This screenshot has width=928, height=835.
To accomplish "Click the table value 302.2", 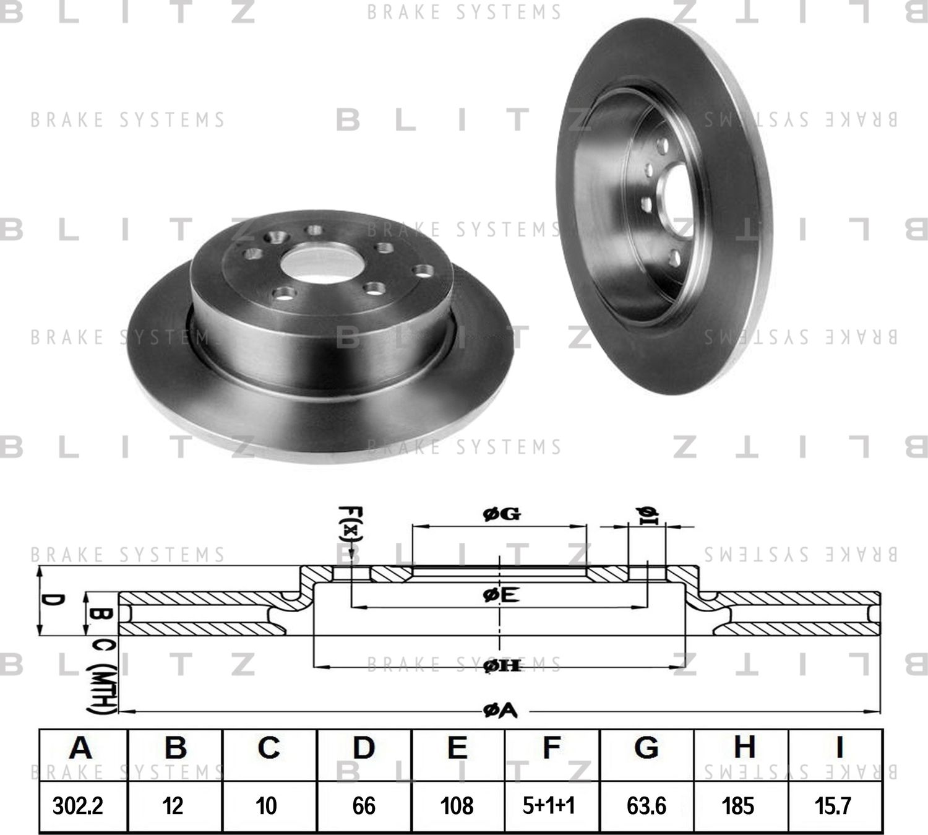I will coord(78,806).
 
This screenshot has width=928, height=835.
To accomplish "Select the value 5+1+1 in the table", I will coord(549,806).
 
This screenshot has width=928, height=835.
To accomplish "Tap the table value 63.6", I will coord(647,806).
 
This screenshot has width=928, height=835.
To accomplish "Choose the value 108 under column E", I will coord(457,806).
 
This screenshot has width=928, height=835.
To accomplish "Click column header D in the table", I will coord(364,748).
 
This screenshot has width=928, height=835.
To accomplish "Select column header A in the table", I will coord(80,748).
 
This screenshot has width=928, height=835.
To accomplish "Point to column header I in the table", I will coord(839,748).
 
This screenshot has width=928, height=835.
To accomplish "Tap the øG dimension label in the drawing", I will coord(501,514).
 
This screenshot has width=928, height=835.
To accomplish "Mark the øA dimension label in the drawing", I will coord(500,712).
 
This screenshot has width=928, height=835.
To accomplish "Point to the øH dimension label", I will coord(501,666).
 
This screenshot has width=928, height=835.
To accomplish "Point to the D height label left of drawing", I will coord(54,601).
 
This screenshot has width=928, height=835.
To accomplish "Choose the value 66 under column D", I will coord(364,806).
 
